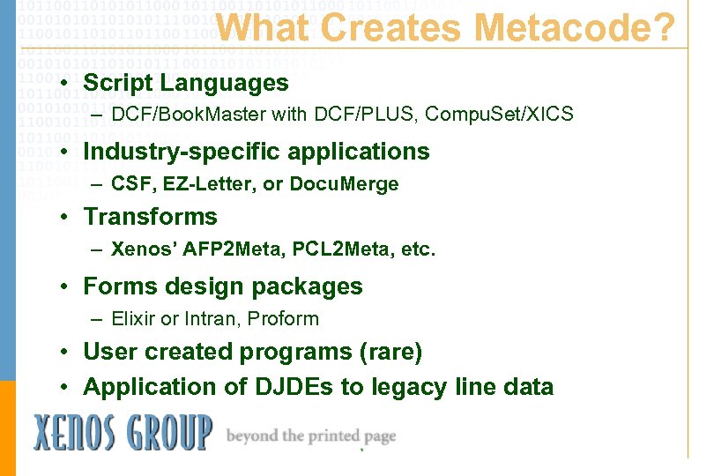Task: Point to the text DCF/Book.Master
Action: point(179,114)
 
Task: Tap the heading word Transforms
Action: point(150,217)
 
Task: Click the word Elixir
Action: point(132,318)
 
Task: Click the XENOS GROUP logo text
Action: point(123,433)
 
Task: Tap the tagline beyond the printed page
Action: point(311,436)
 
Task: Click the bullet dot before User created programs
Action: point(65,353)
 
